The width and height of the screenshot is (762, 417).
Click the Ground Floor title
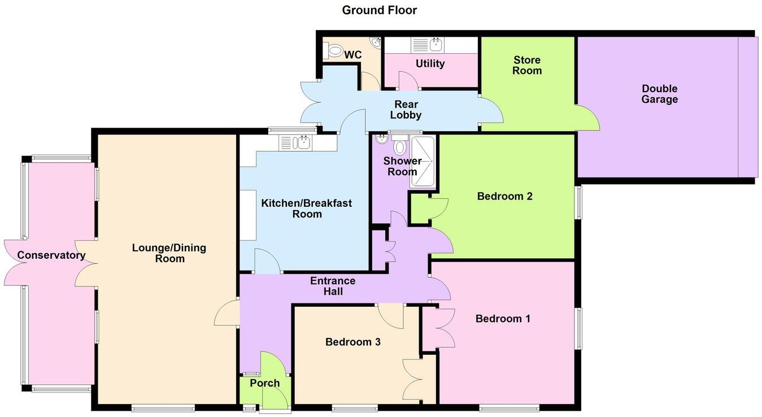pos(379,10)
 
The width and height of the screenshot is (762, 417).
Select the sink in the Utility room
pos(436,44)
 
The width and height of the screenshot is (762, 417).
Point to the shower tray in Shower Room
pos(423,162)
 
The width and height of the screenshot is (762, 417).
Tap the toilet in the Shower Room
pos(400,147)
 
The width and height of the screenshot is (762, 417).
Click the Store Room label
pos(527,66)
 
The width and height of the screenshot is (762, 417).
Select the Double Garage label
pos(659,94)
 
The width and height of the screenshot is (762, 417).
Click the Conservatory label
pos(51,255)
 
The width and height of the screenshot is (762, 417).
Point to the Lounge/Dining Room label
pos(169,253)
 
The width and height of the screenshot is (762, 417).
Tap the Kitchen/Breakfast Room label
pos(306,208)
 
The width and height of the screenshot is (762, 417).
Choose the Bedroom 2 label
pos(504,197)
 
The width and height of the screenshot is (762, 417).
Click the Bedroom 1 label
pos(503,319)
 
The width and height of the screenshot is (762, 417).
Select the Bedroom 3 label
pos(352,342)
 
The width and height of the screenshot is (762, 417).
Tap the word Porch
pos(264,383)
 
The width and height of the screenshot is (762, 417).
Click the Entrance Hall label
pos(333,286)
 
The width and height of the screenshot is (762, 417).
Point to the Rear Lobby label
pos(406,110)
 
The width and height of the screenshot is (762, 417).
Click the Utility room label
pos(430,64)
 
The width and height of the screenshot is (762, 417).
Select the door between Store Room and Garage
pos(586,118)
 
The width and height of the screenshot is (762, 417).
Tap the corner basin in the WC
pos(375,42)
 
